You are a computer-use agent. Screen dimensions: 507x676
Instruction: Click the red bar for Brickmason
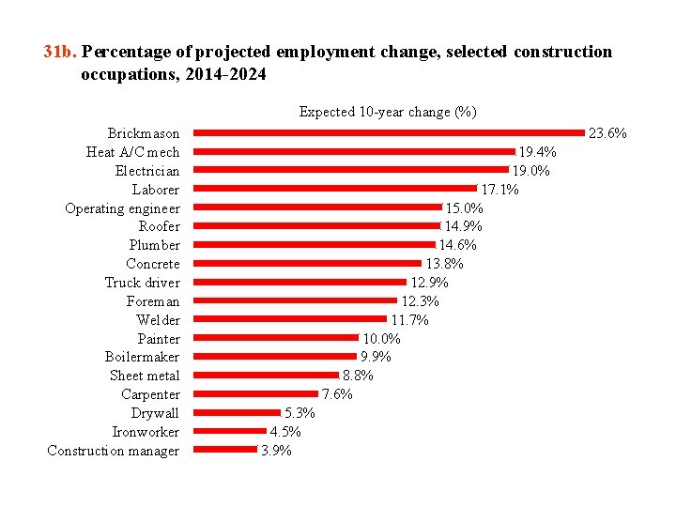(389, 133)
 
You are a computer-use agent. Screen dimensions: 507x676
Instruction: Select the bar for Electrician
(351, 170)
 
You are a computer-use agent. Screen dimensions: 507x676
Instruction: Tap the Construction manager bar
(225, 450)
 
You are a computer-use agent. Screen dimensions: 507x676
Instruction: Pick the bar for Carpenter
(256, 393)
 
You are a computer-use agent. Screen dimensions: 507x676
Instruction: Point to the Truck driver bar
(300, 282)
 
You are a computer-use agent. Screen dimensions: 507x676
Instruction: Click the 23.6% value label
(607, 133)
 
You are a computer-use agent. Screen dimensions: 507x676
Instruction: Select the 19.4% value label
(538, 152)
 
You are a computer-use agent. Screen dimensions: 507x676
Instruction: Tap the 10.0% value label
(382, 338)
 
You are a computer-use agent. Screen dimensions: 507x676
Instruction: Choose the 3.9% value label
(276, 451)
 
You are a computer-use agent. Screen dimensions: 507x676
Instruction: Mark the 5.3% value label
(300, 413)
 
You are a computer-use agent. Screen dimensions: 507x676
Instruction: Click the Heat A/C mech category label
(132, 152)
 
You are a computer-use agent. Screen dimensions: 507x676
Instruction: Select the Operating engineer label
(122, 208)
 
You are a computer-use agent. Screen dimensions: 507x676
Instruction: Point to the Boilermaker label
(142, 357)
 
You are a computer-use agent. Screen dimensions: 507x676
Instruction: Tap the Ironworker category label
(146, 432)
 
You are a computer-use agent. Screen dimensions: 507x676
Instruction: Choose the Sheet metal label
(145, 376)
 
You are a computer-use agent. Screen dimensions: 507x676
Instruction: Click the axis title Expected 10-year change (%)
(388, 112)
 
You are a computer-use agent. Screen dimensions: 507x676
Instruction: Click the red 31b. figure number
(60, 53)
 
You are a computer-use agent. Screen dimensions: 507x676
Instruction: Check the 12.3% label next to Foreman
(420, 301)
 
